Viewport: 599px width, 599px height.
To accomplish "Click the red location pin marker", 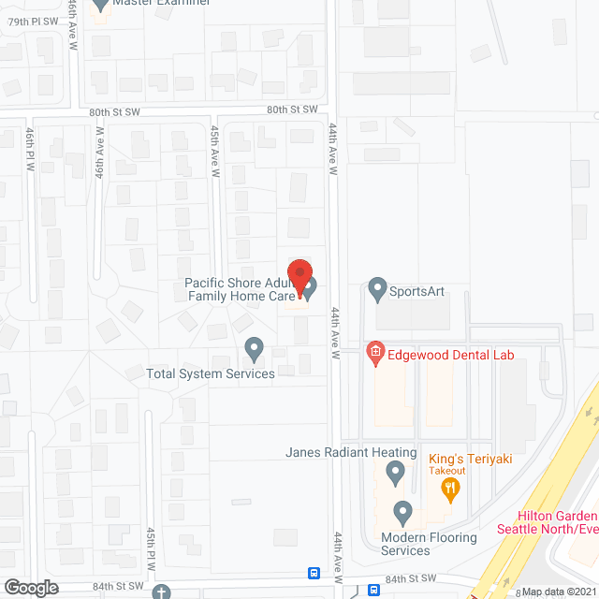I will [299, 280].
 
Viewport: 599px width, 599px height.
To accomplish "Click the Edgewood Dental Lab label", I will [450, 354].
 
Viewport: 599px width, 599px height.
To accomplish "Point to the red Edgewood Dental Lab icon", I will [374, 353].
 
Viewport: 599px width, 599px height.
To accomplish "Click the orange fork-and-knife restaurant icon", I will [450, 486].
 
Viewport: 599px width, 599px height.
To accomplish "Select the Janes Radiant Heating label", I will [351, 452].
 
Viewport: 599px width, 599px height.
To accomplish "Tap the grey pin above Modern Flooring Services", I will [402, 512].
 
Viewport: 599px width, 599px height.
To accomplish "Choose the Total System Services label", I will [211, 373].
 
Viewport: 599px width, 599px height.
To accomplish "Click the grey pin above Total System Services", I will [254, 349].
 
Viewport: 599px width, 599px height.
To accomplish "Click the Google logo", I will [31, 588].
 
